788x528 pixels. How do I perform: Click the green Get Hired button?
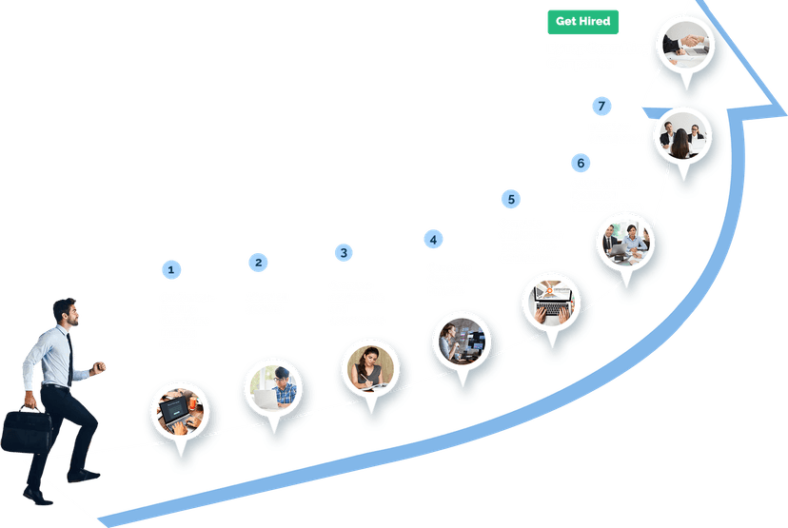tap(583, 22)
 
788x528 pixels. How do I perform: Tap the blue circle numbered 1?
tap(171, 270)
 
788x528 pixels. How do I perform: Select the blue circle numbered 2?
tap(258, 263)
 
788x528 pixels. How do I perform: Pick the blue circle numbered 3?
tap(344, 253)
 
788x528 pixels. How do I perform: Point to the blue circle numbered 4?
tap(433, 239)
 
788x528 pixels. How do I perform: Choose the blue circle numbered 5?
tap(511, 199)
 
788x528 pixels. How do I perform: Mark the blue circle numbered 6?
tap(581, 163)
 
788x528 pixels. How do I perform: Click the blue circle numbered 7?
tap(601, 106)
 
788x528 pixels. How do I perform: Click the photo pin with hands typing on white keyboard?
tap(551, 303)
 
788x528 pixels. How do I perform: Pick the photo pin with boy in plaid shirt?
tap(273, 388)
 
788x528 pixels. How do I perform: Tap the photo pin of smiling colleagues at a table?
tap(625, 243)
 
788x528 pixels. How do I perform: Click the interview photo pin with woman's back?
tap(682, 136)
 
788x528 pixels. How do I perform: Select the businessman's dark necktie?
tap(69, 360)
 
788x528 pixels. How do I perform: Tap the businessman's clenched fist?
tap(98, 367)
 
